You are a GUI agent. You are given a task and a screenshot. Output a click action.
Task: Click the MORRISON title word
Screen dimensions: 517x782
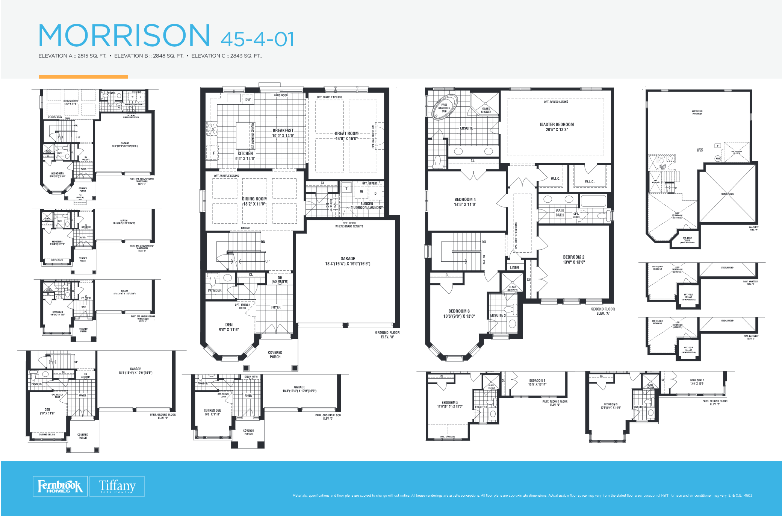pyautogui.click(x=124, y=35)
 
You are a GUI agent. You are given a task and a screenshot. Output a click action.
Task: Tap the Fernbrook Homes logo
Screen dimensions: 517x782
pyautogui.click(x=60, y=486)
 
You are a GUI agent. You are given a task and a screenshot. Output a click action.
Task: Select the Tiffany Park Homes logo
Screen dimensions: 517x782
pyautogui.click(x=117, y=486)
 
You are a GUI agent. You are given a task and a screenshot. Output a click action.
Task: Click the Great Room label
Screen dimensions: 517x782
pyautogui.click(x=346, y=136)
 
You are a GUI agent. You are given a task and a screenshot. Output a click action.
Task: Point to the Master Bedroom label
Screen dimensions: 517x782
pyautogui.click(x=557, y=127)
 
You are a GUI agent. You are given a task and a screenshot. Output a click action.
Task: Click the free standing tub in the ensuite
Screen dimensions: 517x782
pyautogui.click(x=444, y=107)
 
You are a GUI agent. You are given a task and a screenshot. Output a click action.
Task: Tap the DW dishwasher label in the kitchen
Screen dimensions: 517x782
pyautogui.click(x=248, y=100)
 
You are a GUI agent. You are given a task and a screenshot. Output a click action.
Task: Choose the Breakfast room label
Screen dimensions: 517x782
pyautogui.click(x=283, y=133)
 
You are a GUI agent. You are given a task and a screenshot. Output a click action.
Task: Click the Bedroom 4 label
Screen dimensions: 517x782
pyautogui.click(x=465, y=202)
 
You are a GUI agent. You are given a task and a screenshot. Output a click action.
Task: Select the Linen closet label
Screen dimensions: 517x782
pyautogui.click(x=514, y=267)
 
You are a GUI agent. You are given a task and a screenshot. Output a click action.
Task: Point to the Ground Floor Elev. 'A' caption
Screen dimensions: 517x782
pyautogui.click(x=387, y=335)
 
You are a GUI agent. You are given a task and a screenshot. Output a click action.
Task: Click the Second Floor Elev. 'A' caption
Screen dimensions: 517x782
pyautogui.click(x=603, y=311)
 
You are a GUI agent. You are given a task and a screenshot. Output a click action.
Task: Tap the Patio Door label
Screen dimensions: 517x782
pyautogui.click(x=280, y=96)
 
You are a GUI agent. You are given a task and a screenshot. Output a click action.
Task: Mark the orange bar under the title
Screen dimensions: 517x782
pyautogui.click(x=83, y=77)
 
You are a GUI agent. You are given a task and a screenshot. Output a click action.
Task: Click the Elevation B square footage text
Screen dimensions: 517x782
pyautogui.click(x=149, y=56)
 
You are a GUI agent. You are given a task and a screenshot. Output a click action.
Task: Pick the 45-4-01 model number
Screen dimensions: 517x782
pyautogui.click(x=257, y=39)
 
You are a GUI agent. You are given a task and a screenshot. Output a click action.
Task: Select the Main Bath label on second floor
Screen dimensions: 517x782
pyautogui.click(x=560, y=213)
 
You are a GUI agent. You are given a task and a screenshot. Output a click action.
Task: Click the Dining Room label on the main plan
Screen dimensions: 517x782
pyautogui.click(x=254, y=201)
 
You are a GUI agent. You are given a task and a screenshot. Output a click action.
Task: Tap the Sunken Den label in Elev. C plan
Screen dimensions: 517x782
pyautogui.click(x=212, y=412)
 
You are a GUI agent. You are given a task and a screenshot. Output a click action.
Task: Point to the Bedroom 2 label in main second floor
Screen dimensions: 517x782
pyautogui.click(x=573, y=259)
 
